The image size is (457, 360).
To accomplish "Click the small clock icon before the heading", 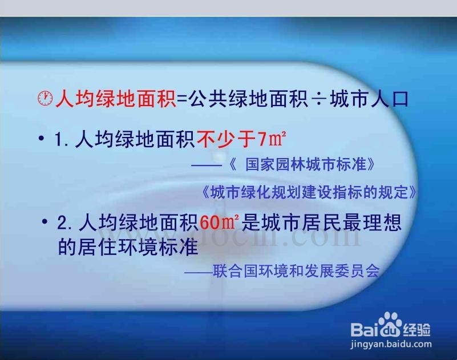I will (45, 98).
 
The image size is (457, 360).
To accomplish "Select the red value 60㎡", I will (215, 222).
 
